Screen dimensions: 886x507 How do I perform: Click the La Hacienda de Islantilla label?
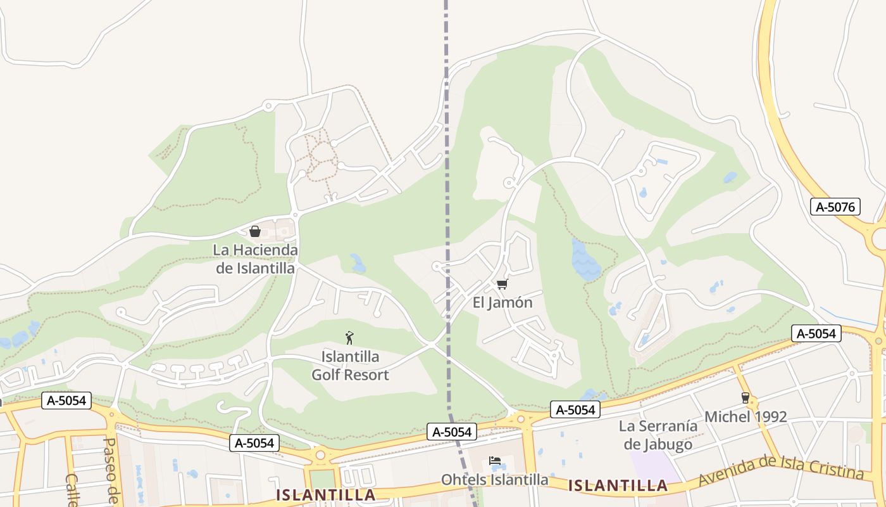(255, 259)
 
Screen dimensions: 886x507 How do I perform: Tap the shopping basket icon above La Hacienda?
(255, 231)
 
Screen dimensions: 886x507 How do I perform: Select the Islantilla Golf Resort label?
(350, 366)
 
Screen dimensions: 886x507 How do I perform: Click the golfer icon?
(349, 338)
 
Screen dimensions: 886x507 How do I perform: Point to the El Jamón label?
(502, 303)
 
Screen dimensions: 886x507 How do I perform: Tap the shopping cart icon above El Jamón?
(502, 284)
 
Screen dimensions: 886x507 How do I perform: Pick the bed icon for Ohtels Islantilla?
(495, 461)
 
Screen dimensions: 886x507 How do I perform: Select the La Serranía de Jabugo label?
(658, 435)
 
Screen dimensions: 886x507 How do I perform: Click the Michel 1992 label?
(746, 417)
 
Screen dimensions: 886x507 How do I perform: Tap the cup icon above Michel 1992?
(745, 398)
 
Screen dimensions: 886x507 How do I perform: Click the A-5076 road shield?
(835, 207)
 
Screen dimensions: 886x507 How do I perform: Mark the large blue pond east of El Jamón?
(585, 260)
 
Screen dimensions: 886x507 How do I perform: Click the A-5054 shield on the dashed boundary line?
(452, 432)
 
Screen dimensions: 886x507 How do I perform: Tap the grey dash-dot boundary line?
(447, 190)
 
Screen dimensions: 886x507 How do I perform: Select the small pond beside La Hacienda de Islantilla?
(358, 263)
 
